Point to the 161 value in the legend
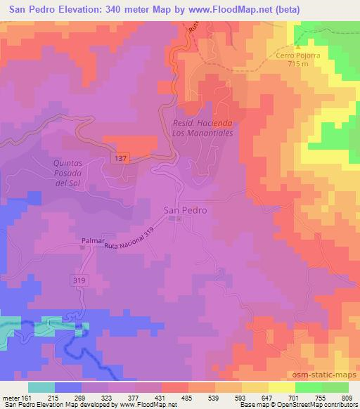pos(27,397)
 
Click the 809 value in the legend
pos(347,397)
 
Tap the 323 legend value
pos(108,397)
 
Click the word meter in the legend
pos(11,397)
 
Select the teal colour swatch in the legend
pos(41,387)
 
